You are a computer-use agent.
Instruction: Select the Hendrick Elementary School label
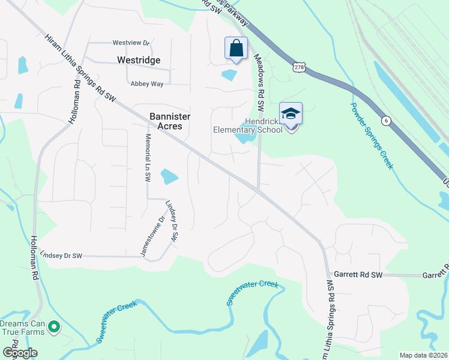pyautogui.click(x=248, y=124)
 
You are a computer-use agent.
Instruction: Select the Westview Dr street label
pyautogui.click(x=131, y=43)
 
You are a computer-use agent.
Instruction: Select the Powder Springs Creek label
pyautogui.click(x=372, y=135)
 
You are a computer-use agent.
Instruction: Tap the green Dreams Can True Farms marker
pyautogui.click(x=54, y=327)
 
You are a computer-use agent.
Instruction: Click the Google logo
pyautogui.click(x=20, y=353)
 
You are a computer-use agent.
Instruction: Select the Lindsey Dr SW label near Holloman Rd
pyautogui.click(x=60, y=256)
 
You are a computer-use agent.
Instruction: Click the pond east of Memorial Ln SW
pyautogui.click(x=169, y=176)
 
